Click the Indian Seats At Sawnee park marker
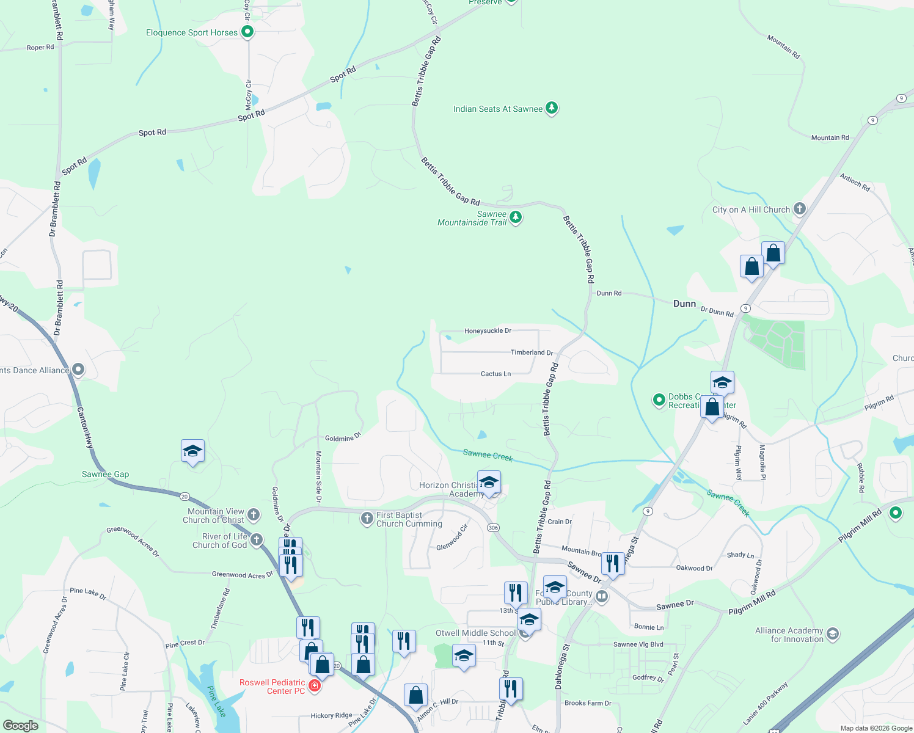pyautogui.click(x=552, y=108)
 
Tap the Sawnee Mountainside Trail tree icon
pyautogui.click(x=516, y=217)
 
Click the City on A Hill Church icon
pyautogui.click(x=799, y=209)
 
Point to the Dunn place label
pyautogui.click(x=684, y=304)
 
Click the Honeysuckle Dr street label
pyautogui.click(x=488, y=330)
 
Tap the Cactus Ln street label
pyautogui.click(x=495, y=374)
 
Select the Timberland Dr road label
pyautogui.click(x=532, y=352)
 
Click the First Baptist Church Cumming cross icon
pyautogui.click(x=367, y=519)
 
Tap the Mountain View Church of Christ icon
pyautogui.click(x=254, y=515)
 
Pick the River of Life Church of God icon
pyautogui.click(x=257, y=540)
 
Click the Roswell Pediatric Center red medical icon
pyautogui.click(x=315, y=686)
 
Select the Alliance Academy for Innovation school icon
pyautogui.click(x=833, y=635)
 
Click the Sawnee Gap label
pyautogui.click(x=105, y=474)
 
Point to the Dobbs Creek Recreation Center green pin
pyautogui.click(x=659, y=400)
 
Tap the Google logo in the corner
pyautogui.click(x=20, y=725)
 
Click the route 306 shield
pyautogui.click(x=493, y=528)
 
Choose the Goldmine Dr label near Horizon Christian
pyautogui.click(x=343, y=438)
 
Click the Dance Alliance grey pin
pyautogui.click(x=78, y=370)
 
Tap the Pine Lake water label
pyautogui.click(x=216, y=702)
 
